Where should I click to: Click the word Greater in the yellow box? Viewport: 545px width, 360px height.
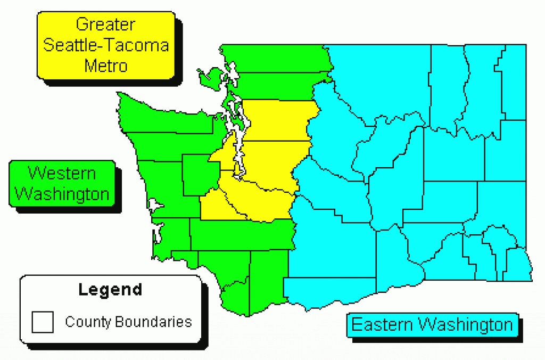click(105, 24)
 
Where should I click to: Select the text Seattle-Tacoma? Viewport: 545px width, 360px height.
click(106, 45)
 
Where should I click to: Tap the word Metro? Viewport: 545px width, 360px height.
click(106, 66)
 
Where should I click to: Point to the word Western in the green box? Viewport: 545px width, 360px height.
click(62, 173)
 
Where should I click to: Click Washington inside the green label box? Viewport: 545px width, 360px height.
click(62, 194)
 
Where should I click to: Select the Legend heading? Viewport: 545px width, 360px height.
click(110, 290)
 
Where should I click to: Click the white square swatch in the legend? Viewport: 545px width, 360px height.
click(43, 322)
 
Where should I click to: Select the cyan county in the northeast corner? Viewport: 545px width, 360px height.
click(514, 80)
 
